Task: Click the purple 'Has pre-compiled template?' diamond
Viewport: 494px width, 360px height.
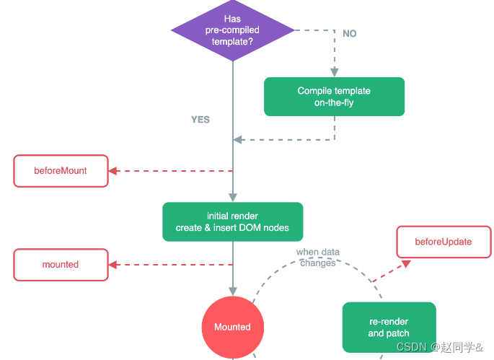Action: pyautogui.click(x=232, y=30)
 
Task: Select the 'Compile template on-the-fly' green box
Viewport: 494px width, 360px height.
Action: pyautogui.click(x=334, y=97)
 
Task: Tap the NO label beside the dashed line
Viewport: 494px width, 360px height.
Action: pyautogui.click(x=350, y=34)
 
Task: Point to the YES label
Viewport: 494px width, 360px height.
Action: pyautogui.click(x=200, y=120)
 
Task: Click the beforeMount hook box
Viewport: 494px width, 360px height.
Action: pyautogui.click(x=61, y=171)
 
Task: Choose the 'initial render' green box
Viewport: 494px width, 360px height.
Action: pyautogui.click(x=232, y=221)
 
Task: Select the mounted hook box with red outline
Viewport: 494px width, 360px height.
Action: pyautogui.click(x=61, y=265)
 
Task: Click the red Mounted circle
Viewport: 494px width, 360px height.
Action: pyautogui.click(x=232, y=327)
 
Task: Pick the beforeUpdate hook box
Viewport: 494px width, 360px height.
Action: pyautogui.click(x=443, y=242)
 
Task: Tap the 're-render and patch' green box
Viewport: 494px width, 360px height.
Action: pyautogui.click(x=389, y=328)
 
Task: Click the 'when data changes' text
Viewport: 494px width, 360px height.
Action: pyautogui.click(x=317, y=258)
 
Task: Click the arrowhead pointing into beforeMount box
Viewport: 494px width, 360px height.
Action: pyautogui.click(x=113, y=171)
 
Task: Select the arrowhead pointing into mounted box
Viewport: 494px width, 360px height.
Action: pyautogui.click(x=113, y=265)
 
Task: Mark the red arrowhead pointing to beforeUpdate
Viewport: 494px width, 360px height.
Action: pyautogui.click(x=406, y=264)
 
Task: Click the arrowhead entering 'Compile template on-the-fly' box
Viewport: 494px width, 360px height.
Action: pyautogui.click(x=334, y=73)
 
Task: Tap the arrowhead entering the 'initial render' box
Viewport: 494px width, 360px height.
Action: pyautogui.click(x=232, y=198)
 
